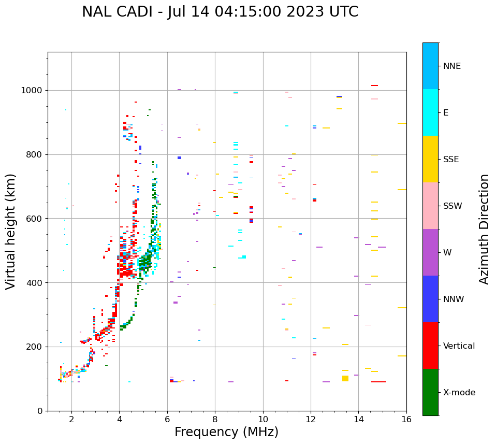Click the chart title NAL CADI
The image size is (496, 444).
point(220,12)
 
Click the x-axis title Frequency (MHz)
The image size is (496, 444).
point(226,432)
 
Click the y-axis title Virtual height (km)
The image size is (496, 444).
point(11,232)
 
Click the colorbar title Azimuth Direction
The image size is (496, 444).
point(484,229)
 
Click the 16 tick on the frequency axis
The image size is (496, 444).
point(406,419)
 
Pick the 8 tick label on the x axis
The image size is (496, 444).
point(215,419)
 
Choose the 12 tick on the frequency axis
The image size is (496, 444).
point(311,419)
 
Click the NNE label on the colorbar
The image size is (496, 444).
point(451,66)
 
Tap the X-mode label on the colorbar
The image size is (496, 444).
point(459,393)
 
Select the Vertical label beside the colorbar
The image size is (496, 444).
point(459,346)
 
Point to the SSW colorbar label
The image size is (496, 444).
point(453,206)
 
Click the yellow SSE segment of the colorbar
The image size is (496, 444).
point(430,159)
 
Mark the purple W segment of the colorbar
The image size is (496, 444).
point(430,252)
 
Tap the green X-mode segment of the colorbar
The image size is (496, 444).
point(430,392)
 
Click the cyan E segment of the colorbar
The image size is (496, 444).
point(430,112)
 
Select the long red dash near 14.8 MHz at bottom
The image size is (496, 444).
point(378,382)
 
